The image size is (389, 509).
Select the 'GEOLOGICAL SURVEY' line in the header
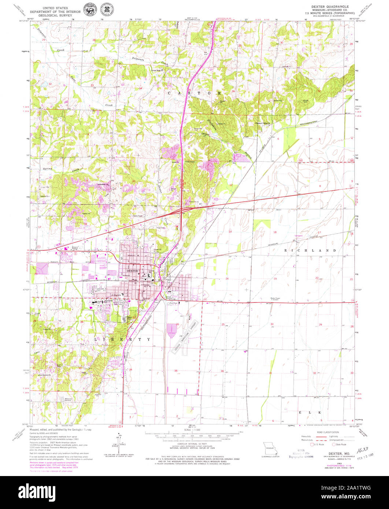[55, 16]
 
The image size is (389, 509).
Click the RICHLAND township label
[310, 250]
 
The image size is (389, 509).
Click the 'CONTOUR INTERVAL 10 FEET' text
[194, 443]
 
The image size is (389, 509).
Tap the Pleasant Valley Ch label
[262, 123]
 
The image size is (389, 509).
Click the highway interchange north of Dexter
[182, 210]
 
